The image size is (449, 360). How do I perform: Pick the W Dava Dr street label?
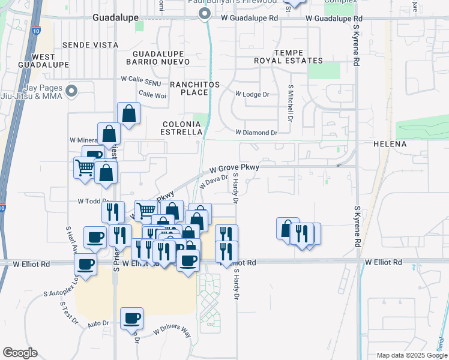tap(214, 181)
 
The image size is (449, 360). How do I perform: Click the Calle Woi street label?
tap(152, 94)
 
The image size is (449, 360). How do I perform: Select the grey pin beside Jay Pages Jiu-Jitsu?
tap(72, 91)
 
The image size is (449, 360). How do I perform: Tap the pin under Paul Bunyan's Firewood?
tap(205, 13)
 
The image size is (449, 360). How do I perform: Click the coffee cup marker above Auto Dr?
tap(131, 318)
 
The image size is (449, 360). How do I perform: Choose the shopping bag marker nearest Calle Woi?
tap(129, 112)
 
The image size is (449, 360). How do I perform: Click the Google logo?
tap(20, 353)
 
